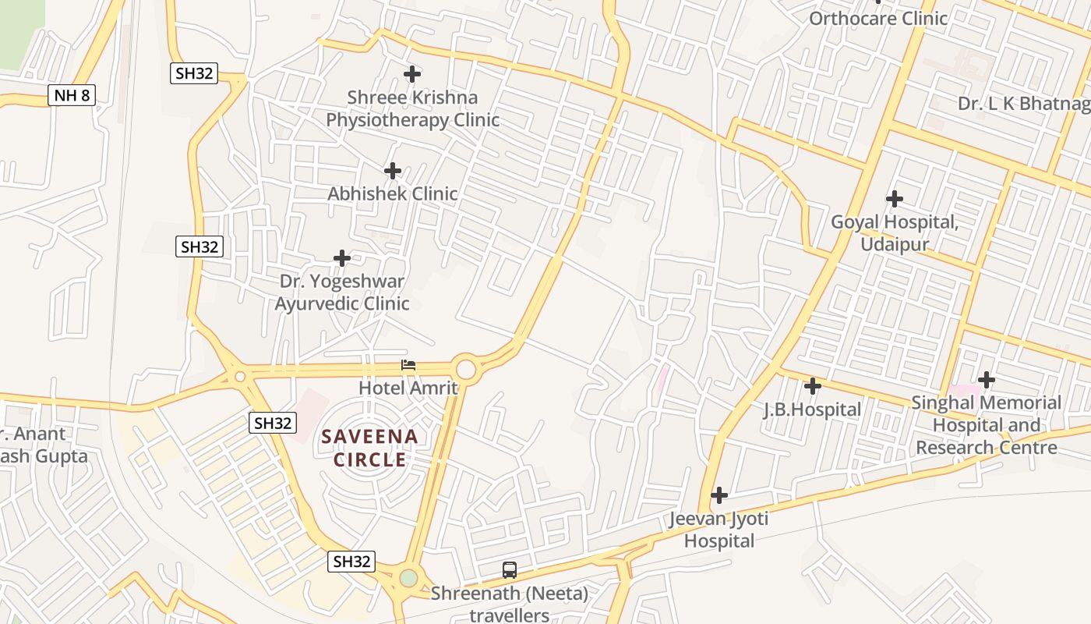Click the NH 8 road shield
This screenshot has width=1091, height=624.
click(72, 96)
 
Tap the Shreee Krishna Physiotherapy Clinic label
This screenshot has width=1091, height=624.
click(412, 109)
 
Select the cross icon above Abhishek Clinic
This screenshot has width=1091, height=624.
click(393, 171)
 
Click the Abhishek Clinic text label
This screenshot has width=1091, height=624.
click(393, 193)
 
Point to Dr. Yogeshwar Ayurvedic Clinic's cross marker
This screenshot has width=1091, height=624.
click(342, 258)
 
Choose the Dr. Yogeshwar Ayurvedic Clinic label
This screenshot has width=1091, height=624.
click(342, 292)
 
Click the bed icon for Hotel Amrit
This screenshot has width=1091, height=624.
click(408, 365)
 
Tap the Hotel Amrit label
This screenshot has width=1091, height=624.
click(408, 387)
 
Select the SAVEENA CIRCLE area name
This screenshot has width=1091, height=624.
click(370, 448)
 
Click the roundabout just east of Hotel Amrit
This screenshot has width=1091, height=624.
click(466, 368)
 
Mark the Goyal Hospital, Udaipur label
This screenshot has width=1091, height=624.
click(895, 233)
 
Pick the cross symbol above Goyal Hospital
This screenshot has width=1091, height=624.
click(895, 199)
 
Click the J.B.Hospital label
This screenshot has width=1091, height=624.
click(812, 409)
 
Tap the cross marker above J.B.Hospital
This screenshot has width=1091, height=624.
click(813, 386)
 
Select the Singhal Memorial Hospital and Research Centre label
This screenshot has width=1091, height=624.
click(987, 425)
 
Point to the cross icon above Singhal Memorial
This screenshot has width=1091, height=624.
click(987, 380)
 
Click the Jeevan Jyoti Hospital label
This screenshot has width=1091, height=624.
click(719, 530)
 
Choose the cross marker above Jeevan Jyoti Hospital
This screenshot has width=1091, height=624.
click(719, 495)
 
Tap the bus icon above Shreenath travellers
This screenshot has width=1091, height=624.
click(510, 570)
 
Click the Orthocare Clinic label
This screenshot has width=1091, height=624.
click(878, 18)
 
